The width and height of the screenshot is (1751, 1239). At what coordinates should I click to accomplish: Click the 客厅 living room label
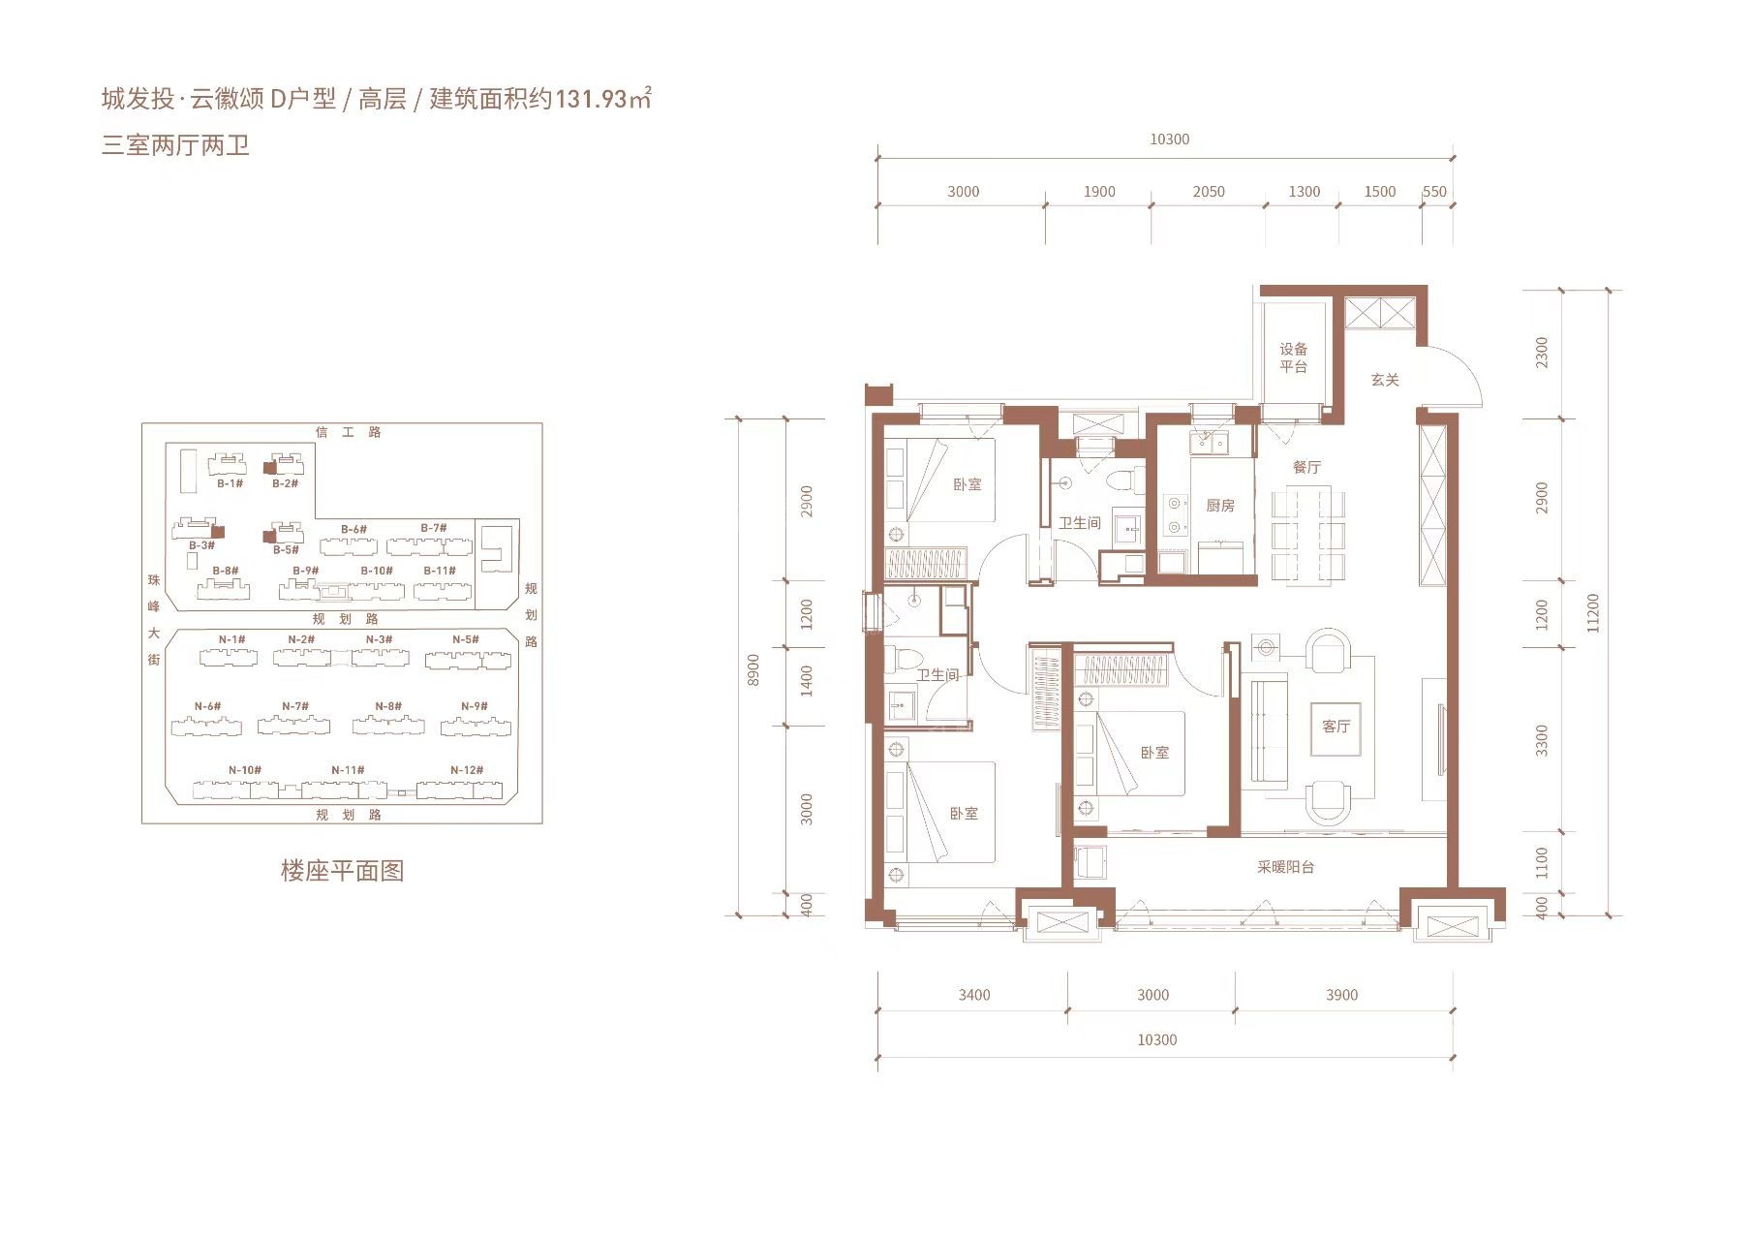coord(1336,726)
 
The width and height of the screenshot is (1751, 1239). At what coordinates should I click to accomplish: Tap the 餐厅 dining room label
coord(1306,467)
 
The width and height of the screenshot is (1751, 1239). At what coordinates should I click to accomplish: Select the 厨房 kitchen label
coord(1220,506)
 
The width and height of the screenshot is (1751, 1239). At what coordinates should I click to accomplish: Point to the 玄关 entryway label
coord(1385,380)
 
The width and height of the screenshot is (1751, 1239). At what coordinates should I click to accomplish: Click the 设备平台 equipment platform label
coord(1294,357)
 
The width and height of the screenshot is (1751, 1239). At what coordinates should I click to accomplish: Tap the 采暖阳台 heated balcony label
coord(1286,867)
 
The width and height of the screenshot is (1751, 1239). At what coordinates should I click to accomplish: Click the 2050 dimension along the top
coord(1209,192)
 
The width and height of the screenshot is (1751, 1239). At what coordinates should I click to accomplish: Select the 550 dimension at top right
coord(1434,192)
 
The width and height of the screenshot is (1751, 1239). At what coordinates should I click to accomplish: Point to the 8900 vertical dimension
coord(753,670)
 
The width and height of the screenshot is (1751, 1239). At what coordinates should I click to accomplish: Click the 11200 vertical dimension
coord(1594,613)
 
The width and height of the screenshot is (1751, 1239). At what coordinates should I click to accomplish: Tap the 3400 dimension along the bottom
coord(974,995)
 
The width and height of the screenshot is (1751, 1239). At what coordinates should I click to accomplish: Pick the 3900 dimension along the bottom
coord(1341,995)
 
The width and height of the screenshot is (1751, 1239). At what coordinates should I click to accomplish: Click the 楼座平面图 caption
coord(342,870)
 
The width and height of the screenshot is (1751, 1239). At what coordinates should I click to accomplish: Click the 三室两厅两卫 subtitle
coord(175,145)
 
